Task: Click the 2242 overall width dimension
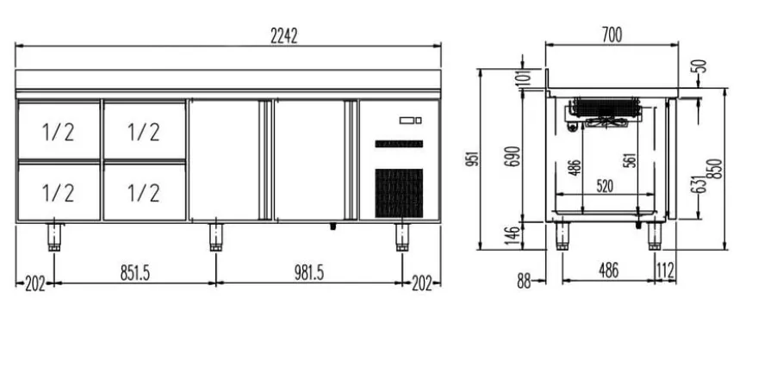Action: (x=283, y=36)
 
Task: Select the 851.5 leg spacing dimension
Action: (x=135, y=273)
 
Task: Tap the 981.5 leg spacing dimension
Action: (x=309, y=273)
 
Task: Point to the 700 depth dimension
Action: (x=612, y=35)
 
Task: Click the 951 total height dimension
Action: (x=474, y=159)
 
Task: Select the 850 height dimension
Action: (x=717, y=169)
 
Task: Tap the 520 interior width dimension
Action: (x=605, y=186)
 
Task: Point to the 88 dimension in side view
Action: (x=524, y=282)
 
